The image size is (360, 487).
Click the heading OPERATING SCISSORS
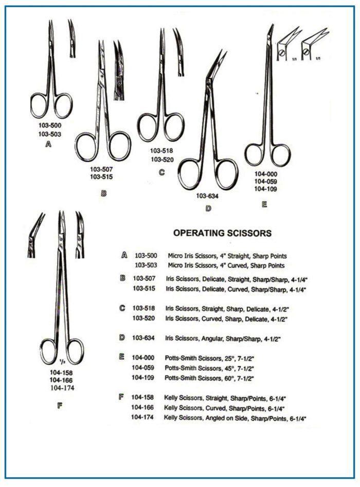[222, 233]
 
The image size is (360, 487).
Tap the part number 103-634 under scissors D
[207, 196]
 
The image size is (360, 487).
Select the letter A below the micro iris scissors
[48, 144]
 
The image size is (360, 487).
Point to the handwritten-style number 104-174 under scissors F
[62, 388]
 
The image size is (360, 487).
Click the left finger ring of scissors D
[179, 174]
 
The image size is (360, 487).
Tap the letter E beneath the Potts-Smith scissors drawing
[264, 204]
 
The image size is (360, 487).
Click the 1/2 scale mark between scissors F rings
[62, 362]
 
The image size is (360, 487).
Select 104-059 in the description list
[143, 368]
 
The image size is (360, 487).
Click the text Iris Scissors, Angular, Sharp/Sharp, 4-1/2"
[223, 338]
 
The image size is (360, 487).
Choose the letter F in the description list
[121, 397]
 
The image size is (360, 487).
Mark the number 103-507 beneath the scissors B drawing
[101, 169]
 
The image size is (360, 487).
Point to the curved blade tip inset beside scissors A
[72, 38]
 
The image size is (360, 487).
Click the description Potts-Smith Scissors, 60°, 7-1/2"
[209, 378]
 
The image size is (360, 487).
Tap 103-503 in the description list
[146, 265]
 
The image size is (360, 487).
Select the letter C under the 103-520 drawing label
[161, 172]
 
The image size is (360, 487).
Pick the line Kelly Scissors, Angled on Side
[235, 418]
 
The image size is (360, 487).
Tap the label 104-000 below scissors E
[266, 174]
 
